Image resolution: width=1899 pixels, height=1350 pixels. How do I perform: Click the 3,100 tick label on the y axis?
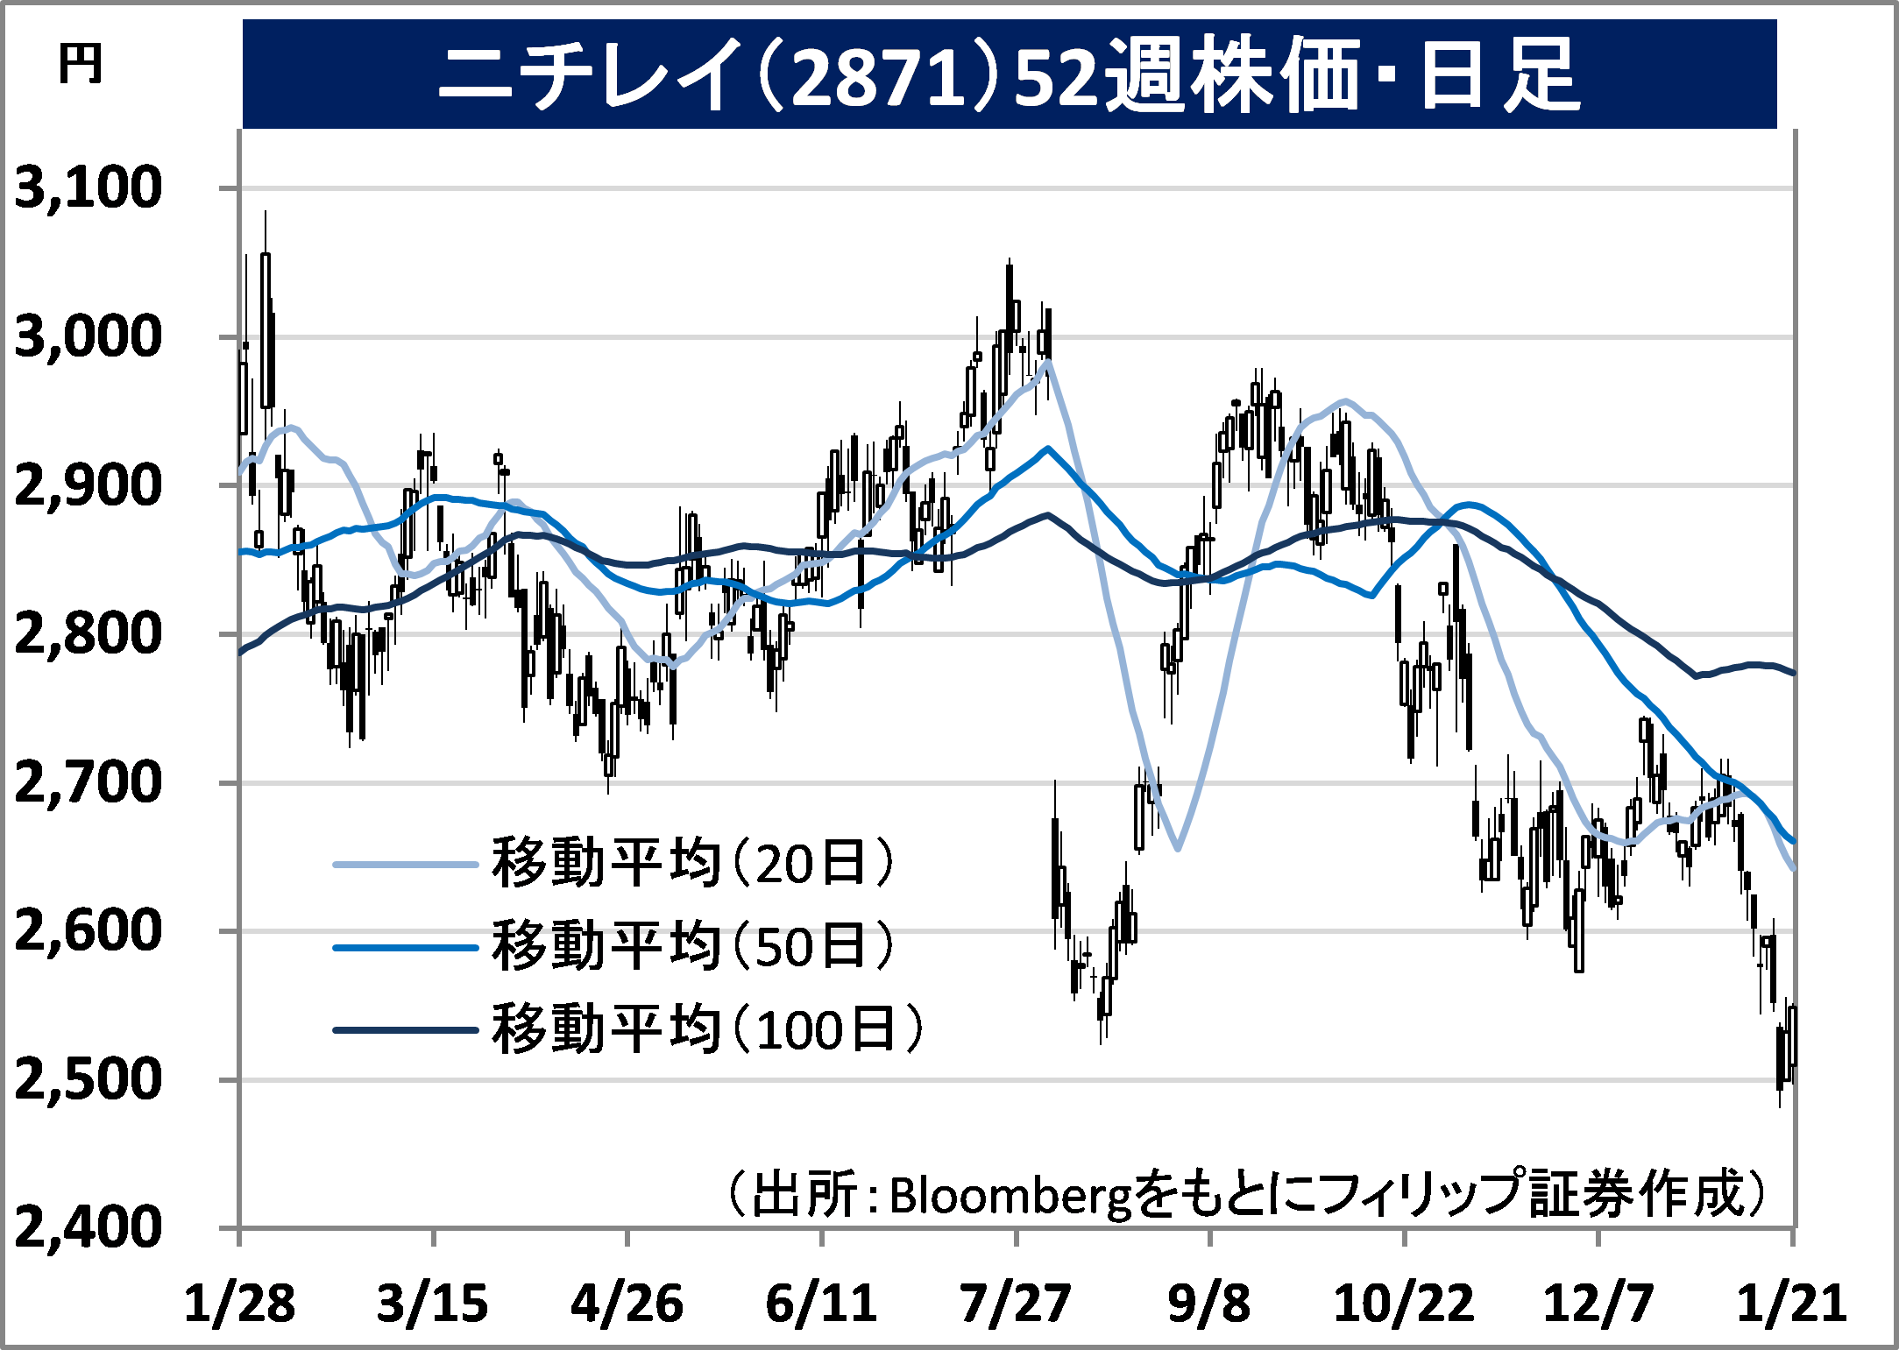coord(89,187)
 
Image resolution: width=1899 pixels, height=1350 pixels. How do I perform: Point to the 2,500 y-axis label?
coord(89,1079)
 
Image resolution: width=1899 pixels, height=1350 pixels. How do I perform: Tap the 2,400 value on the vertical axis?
coord(89,1226)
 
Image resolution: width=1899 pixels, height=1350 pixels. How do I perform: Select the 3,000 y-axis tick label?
coord(89,336)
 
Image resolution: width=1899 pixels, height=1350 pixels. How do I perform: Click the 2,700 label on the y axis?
coord(89,782)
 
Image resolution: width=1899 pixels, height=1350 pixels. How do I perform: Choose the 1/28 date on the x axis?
coord(239,1304)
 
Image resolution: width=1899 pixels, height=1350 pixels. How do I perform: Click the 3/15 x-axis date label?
coord(433,1304)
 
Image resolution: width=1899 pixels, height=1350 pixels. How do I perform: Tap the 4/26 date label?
coord(627,1304)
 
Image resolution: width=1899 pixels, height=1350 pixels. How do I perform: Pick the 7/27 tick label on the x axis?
coord(1016,1304)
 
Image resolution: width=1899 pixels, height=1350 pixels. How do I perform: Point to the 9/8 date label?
coord(1209,1304)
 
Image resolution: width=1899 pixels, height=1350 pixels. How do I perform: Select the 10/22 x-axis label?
coord(1404,1304)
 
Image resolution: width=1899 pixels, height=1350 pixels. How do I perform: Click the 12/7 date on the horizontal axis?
coord(1598,1304)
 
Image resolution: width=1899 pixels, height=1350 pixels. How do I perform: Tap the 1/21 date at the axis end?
coord(1792,1304)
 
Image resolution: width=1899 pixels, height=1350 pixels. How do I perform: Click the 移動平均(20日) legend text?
coord(693,863)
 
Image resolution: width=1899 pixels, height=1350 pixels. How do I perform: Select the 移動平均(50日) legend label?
coord(693,946)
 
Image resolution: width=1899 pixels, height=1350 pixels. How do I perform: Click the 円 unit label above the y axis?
coord(81,65)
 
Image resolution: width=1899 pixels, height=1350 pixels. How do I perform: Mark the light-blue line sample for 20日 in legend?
coord(405,865)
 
